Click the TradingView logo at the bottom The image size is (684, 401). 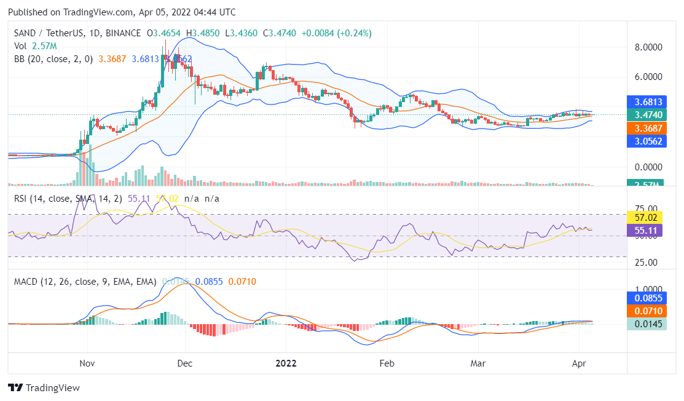tap(44, 388)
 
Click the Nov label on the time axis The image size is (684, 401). tap(88, 363)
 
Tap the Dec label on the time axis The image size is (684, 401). tap(185, 363)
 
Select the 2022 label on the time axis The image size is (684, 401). tap(286, 363)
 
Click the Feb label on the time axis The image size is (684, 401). tap(387, 363)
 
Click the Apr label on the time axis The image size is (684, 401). tap(578, 363)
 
